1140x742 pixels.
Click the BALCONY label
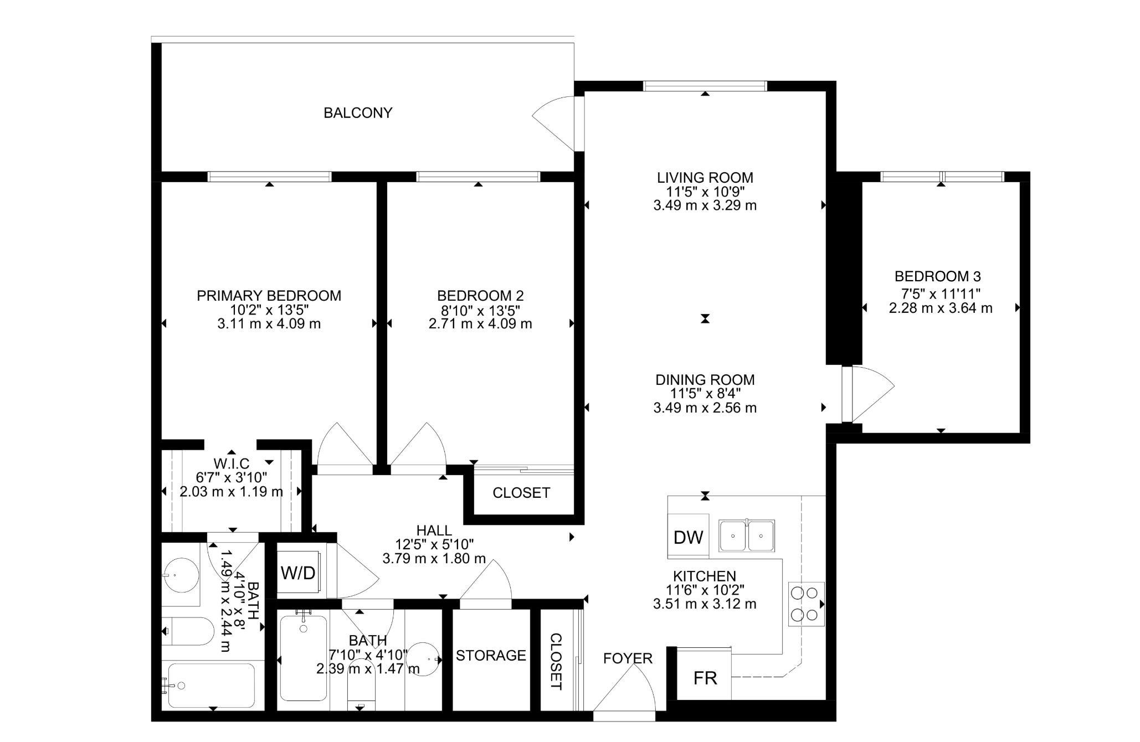(x=358, y=113)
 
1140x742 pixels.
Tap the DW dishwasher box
(x=688, y=536)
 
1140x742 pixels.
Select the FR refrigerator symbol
(x=704, y=677)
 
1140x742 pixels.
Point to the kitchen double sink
(x=747, y=535)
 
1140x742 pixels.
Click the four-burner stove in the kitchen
(x=806, y=604)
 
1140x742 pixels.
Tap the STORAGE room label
(x=491, y=656)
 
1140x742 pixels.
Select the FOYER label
(x=628, y=658)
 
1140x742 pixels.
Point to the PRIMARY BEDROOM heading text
(x=269, y=296)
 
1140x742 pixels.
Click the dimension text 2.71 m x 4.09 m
(x=480, y=324)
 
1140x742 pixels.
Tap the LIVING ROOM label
(x=705, y=178)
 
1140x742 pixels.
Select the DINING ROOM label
(x=705, y=380)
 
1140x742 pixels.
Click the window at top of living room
(x=705, y=86)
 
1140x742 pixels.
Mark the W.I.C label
(x=232, y=463)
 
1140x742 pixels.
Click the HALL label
(x=434, y=531)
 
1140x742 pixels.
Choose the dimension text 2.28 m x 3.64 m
(x=941, y=308)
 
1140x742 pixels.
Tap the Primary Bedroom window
(x=270, y=177)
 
